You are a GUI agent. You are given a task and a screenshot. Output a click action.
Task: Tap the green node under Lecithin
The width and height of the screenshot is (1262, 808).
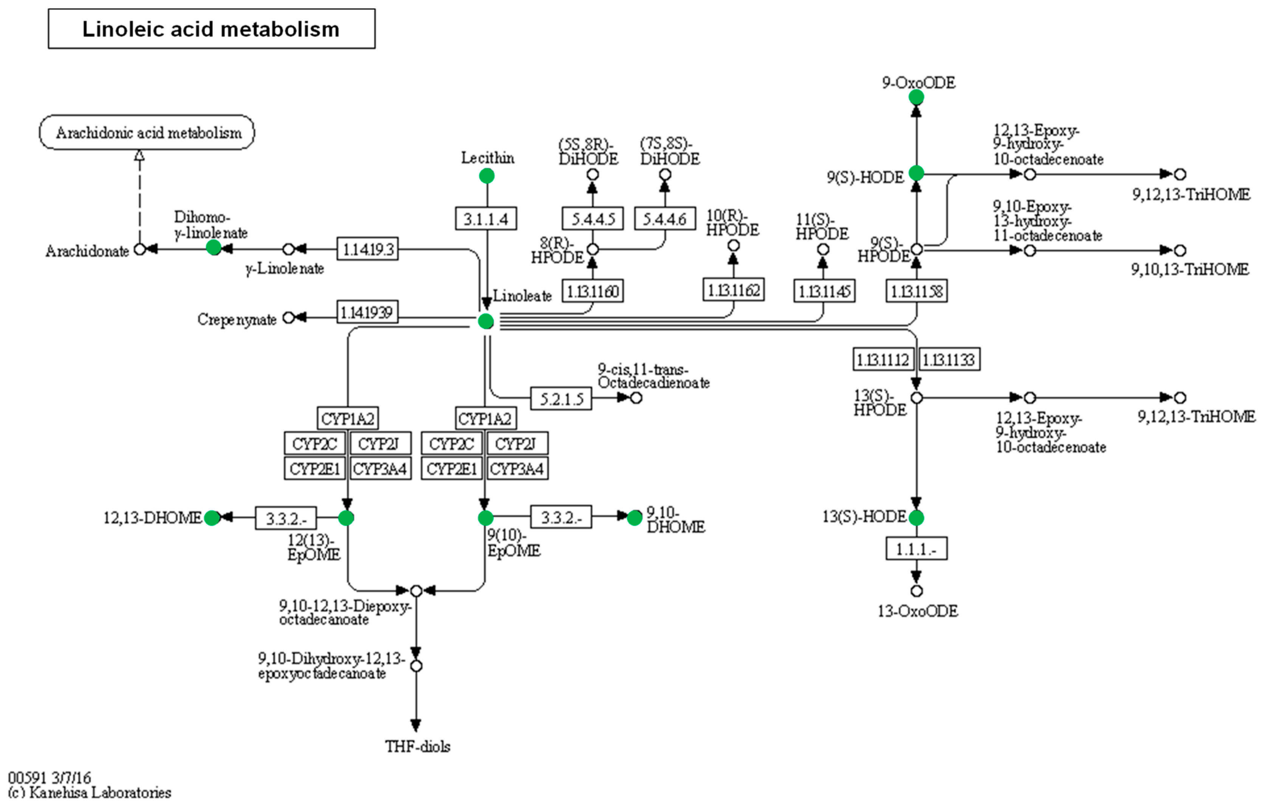pos(486,176)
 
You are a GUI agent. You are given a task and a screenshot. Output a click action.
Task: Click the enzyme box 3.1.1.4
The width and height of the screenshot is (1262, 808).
pos(485,218)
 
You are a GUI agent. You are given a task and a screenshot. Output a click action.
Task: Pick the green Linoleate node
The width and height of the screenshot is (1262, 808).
pos(485,321)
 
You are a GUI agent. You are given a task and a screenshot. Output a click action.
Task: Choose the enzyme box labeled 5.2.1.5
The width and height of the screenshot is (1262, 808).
pos(561,399)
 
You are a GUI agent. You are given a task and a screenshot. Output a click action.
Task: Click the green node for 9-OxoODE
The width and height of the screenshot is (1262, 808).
pos(916,97)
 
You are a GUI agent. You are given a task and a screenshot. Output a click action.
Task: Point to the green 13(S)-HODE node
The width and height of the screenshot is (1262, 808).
pos(916,518)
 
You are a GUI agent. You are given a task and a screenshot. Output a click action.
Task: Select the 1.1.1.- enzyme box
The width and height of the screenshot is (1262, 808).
pos(916,549)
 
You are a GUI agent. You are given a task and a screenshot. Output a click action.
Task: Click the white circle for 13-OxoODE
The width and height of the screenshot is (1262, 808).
pos(916,591)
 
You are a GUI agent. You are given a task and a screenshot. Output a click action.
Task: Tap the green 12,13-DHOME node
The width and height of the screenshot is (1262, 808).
pos(212,518)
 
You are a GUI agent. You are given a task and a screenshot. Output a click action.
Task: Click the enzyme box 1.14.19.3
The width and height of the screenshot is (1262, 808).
pos(367,249)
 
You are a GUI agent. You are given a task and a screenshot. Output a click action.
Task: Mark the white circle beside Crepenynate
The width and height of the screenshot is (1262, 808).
pos(288,317)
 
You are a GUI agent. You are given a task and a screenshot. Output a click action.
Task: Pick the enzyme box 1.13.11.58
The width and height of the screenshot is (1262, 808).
pos(916,290)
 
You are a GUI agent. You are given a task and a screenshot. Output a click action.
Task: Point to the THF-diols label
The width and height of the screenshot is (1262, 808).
pos(417,746)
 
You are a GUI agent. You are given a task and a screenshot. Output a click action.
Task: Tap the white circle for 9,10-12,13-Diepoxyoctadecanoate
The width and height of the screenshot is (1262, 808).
pos(416,591)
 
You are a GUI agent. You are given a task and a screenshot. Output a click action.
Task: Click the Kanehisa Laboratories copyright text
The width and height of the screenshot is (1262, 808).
pos(89,792)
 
